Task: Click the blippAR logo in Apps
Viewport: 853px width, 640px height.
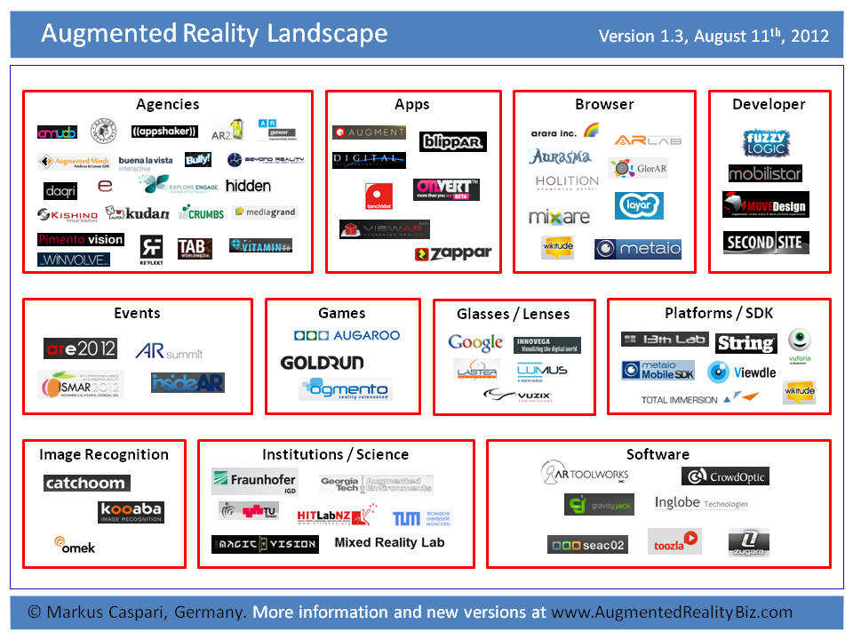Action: point(452,141)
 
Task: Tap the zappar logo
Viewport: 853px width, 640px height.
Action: point(452,253)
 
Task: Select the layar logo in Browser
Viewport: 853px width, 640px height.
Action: point(639,205)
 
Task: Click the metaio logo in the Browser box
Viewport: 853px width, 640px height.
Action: point(637,249)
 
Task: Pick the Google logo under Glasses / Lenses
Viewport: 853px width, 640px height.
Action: point(475,343)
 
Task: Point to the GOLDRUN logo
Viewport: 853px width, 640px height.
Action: point(322,363)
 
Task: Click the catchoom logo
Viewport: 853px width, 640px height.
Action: point(87,484)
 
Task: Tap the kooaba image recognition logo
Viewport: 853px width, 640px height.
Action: point(131,512)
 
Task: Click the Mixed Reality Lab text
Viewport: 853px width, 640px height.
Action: point(389,542)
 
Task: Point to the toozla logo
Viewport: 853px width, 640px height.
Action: point(674,540)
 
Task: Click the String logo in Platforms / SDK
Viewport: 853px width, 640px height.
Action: point(745,343)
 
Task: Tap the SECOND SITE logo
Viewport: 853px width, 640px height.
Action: point(765,243)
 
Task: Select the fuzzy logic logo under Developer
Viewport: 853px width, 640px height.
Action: point(765,142)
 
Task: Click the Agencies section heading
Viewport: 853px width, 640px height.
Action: point(167,104)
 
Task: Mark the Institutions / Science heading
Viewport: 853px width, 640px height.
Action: point(335,454)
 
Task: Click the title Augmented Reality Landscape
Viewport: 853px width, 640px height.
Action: point(214,34)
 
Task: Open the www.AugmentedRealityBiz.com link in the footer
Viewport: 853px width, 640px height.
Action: point(672,612)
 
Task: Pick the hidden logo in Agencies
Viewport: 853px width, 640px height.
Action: point(248,186)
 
